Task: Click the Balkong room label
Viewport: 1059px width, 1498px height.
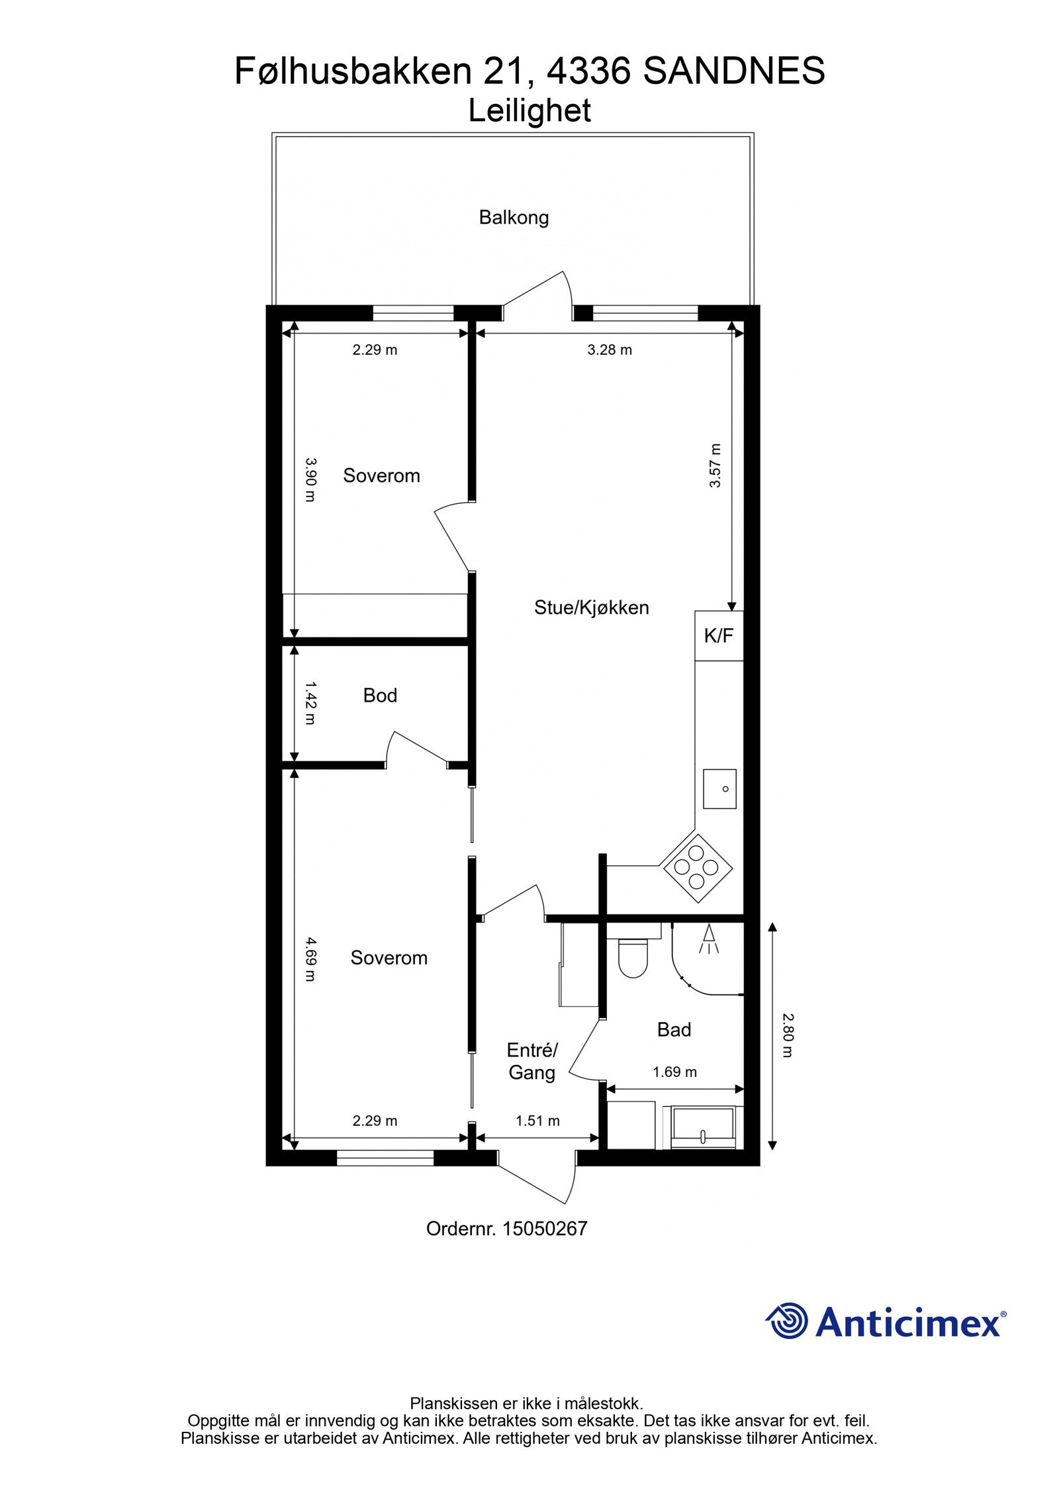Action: [x=514, y=217]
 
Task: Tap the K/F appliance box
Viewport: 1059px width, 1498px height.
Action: [x=718, y=635]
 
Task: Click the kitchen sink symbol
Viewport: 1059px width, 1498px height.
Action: [x=719, y=788]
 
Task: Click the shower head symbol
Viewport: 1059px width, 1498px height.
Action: [x=709, y=939]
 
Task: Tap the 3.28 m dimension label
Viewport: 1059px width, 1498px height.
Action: [x=609, y=350]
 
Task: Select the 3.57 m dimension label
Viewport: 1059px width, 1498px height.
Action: [x=715, y=465]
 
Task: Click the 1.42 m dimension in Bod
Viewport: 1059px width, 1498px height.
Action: [x=310, y=704]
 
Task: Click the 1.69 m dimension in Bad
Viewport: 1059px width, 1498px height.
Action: [x=674, y=1072]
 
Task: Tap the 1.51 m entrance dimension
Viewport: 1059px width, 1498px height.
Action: [x=537, y=1121]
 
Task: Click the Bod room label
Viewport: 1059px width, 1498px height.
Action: [x=380, y=695]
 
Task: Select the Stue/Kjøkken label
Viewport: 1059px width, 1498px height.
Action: [x=591, y=608]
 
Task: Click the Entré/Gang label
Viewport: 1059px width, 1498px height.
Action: [x=531, y=1061]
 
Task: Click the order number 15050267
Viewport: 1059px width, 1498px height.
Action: [x=544, y=1229]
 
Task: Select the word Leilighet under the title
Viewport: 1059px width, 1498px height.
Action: [x=529, y=111]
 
